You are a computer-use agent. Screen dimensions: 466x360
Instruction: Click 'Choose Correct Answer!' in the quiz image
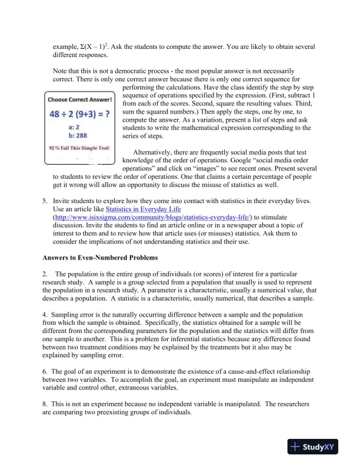[80, 99]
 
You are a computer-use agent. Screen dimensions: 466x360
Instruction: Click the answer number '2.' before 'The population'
[45, 274]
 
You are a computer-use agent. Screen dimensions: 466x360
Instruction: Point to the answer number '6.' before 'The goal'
[45, 371]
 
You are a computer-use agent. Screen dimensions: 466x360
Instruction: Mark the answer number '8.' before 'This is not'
[45, 405]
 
